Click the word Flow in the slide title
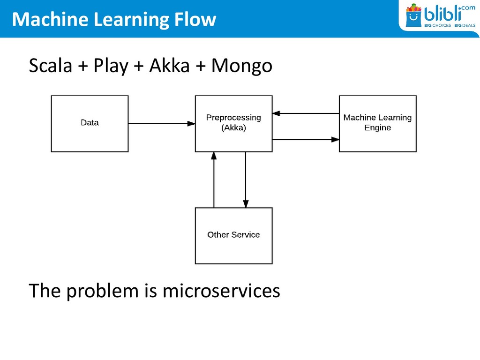tap(195, 19)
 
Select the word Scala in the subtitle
tap(51, 65)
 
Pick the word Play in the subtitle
tap(111, 66)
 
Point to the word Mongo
tap(242, 66)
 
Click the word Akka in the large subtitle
tap(170, 65)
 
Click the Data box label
tap(90, 123)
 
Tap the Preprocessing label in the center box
tap(233, 118)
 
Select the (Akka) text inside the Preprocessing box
tap(233, 127)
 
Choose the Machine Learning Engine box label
tap(377, 122)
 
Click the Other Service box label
tap(233, 235)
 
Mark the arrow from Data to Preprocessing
tap(162, 124)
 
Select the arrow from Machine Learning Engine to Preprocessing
tap(306, 113)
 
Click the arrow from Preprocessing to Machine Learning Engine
tap(306, 140)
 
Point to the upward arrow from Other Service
tap(214, 180)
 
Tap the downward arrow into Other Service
tap(246, 180)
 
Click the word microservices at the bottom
tap(221, 291)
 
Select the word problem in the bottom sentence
tap(103, 291)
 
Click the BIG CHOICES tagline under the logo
tap(437, 25)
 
